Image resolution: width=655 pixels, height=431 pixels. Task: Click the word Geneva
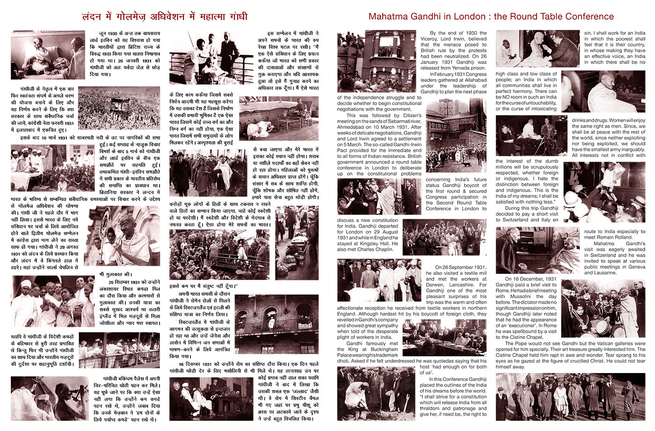[x=636, y=267]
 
